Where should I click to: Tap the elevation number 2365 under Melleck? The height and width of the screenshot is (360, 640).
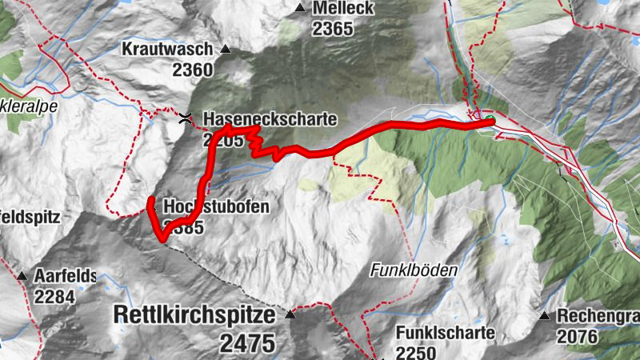coord(333,29)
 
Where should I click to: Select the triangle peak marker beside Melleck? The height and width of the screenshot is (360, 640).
coord(300,9)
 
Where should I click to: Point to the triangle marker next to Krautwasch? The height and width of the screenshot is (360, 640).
coord(225,49)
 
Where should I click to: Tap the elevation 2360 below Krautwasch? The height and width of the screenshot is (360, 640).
coord(192,70)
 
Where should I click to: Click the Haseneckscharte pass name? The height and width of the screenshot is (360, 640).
coord(271,119)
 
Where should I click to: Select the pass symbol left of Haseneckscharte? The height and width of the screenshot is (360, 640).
coord(186,119)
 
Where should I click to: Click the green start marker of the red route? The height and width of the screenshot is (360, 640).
coord(489,122)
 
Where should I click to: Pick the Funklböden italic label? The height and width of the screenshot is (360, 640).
coord(414,271)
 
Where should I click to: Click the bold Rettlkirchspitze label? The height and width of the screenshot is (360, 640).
coord(196,314)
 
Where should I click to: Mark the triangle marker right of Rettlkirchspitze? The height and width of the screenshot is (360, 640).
coord(290,314)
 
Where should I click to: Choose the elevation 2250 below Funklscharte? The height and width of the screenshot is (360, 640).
coord(416,353)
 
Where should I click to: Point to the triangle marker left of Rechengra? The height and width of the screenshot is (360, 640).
coord(544,315)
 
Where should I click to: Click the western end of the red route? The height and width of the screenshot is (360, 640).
coord(150,198)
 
